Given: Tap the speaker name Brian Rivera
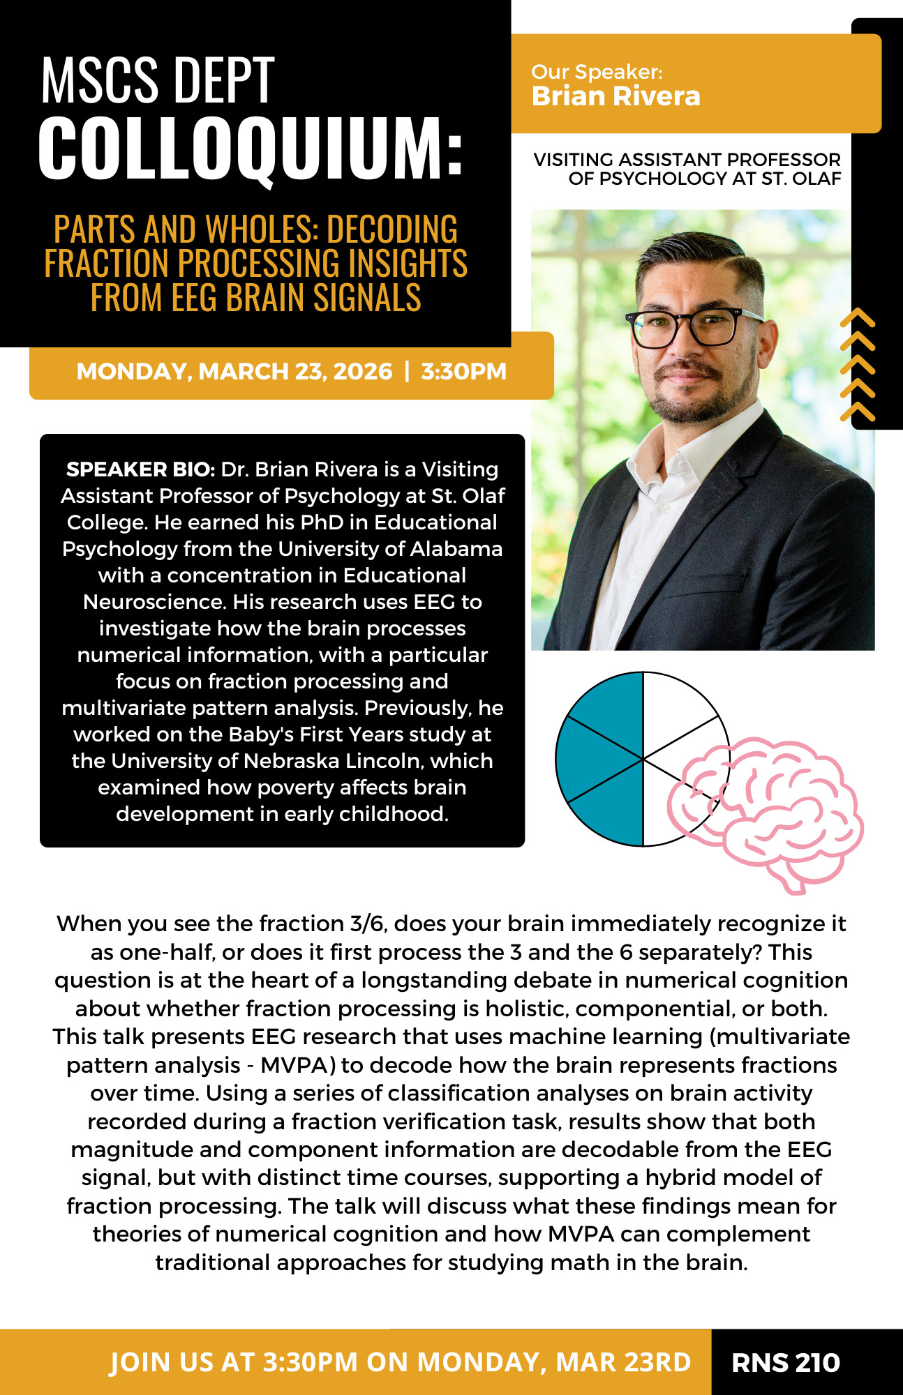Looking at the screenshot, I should click(615, 96).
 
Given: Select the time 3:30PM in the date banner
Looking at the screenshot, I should click(463, 371).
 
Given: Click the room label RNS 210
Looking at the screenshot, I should click(785, 1362).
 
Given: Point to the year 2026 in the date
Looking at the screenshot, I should click(363, 371).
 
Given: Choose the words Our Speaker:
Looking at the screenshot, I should click(597, 72).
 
